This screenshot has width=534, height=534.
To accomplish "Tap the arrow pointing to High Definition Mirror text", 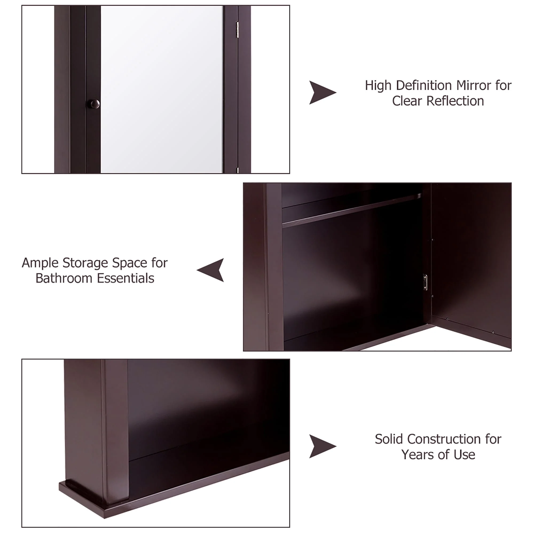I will [x=322, y=93].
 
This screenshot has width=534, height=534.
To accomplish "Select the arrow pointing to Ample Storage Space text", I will [x=211, y=270].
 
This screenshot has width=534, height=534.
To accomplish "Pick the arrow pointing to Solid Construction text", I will [x=322, y=446].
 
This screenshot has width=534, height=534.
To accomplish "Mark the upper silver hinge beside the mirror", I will [x=237, y=30].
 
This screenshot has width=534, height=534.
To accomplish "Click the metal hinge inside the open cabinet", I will [x=425, y=282].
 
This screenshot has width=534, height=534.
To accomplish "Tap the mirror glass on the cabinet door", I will [x=162, y=88].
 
